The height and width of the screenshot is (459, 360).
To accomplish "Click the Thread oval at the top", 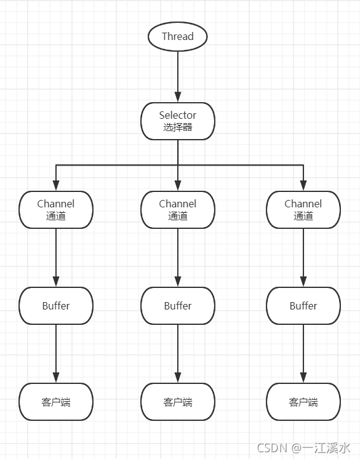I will (178, 36).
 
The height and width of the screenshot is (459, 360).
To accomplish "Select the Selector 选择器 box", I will (178, 121).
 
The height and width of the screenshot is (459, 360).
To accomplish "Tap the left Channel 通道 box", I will (56, 209).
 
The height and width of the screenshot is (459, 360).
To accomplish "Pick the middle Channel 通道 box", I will (178, 209).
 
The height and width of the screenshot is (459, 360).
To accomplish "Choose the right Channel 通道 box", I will (303, 209).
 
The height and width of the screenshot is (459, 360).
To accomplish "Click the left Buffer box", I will (56, 306).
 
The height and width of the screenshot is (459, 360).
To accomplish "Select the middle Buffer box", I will (178, 306).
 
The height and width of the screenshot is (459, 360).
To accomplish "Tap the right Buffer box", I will (303, 306).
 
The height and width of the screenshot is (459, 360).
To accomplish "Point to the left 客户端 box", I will (56, 402).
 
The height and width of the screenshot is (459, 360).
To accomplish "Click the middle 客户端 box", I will (178, 402).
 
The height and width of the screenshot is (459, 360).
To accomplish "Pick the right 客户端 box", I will (303, 402).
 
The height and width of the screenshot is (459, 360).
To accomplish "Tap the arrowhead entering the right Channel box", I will (303, 186).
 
